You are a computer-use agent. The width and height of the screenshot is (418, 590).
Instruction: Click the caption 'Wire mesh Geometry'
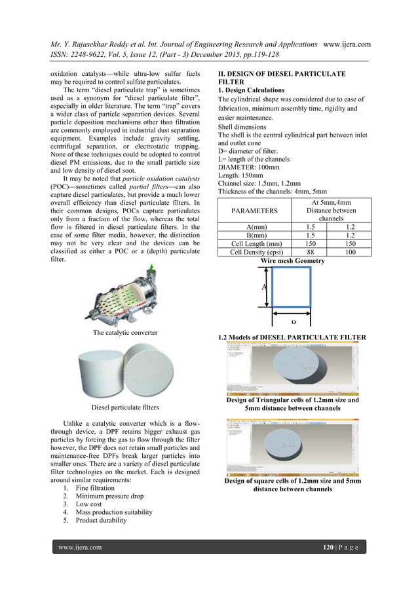tap(292, 260)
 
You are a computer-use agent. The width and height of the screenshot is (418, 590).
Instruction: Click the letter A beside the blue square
tap(264, 286)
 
